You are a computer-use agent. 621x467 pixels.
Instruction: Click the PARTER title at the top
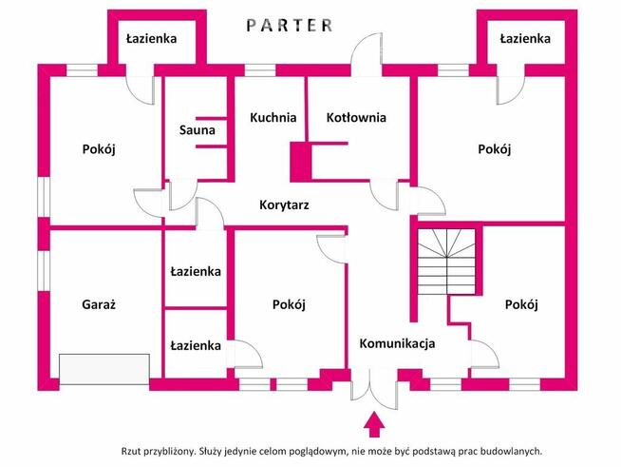pyautogui.click(x=291, y=26)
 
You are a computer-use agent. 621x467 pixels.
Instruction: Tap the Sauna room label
pyautogui.click(x=197, y=130)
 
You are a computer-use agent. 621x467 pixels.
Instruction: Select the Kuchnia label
pyautogui.click(x=273, y=118)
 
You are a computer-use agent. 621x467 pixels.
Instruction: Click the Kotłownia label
pyautogui.click(x=356, y=118)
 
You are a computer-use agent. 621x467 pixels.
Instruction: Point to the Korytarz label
pyautogui.click(x=284, y=204)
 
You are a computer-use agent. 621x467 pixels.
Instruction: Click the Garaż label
pyautogui.click(x=98, y=305)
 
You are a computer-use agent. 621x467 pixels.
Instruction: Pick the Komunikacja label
pyautogui.click(x=397, y=343)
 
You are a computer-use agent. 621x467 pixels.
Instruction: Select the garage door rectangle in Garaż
pyautogui.click(x=104, y=369)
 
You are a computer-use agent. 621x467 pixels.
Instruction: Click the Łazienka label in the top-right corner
pyautogui.click(x=525, y=39)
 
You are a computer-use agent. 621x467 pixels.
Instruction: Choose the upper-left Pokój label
pyautogui.click(x=100, y=149)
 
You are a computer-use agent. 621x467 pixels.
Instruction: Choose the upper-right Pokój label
pyautogui.click(x=495, y=149)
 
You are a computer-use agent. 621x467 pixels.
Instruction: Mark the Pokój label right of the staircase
pyautogui.click(x=521, y=305)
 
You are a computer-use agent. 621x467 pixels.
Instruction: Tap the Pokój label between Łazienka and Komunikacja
pyautogui.click(x=288, y=305)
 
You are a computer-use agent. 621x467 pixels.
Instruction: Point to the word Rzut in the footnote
pyautogui.click(x=136, y=452)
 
